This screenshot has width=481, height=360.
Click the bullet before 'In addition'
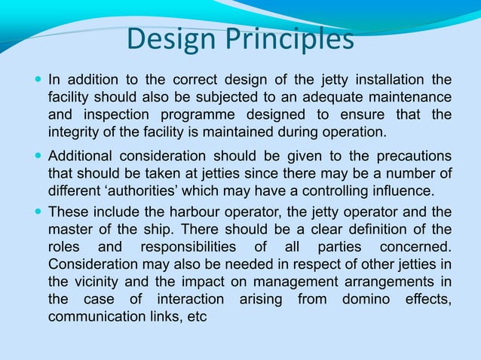(38, 79)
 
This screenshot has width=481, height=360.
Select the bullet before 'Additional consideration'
(38, 156)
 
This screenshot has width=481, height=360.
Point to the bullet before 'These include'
(38, 212)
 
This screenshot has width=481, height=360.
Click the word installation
(391, 80)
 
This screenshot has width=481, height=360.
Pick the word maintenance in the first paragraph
(412, 98)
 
